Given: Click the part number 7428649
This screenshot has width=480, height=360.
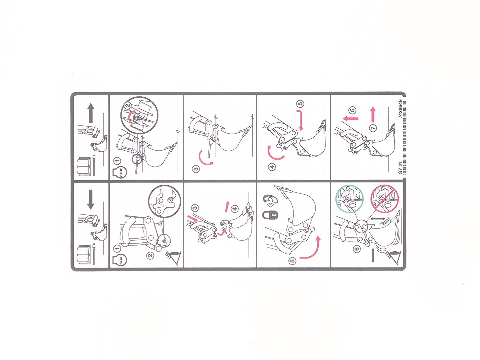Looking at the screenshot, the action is [x=400, y=109].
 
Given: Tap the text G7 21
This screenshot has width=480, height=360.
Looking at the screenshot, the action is [x=400, y=168].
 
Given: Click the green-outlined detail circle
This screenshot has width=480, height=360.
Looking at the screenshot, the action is [x=349, y=199].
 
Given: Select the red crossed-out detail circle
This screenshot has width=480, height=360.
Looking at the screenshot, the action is [x=384, y=199].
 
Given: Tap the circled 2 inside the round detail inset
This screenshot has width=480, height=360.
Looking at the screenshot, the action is [x=128, y=105].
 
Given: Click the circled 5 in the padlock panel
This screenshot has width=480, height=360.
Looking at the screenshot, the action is [x=293, y=261].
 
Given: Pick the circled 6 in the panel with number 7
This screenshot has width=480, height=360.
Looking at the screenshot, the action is [x=353, y=110].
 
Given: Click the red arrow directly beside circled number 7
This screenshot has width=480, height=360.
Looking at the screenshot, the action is [x=373, y=115].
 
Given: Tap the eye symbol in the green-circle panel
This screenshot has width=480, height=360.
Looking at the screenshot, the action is [x=394, y=257].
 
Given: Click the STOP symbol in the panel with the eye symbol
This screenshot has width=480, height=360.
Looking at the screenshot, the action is [x=119, y=259].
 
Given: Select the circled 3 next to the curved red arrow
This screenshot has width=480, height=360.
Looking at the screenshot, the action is [x=196, y=169].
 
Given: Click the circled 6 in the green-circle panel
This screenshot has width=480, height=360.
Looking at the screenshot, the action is [x=357, y=249].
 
